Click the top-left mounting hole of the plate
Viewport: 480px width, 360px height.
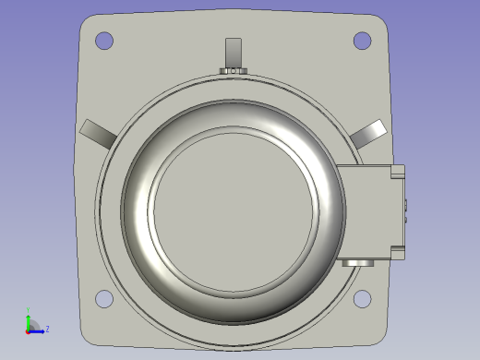point(104,41)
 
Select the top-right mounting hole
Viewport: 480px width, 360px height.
point(363,41)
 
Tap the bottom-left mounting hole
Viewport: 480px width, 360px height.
point(104,299)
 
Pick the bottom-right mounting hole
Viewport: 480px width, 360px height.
point(363,299)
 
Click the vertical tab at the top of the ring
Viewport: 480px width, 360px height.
point(234,50)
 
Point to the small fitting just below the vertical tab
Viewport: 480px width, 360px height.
point(234,71)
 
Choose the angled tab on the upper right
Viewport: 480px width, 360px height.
point(367,133)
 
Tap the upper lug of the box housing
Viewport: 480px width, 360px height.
point(398,171)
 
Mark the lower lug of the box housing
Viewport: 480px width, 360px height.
point(398,251)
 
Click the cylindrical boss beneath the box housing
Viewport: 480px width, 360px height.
point(357,263)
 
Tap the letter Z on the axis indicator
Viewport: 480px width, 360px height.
point(47,329)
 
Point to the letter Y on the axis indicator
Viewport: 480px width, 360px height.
point(29,311)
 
